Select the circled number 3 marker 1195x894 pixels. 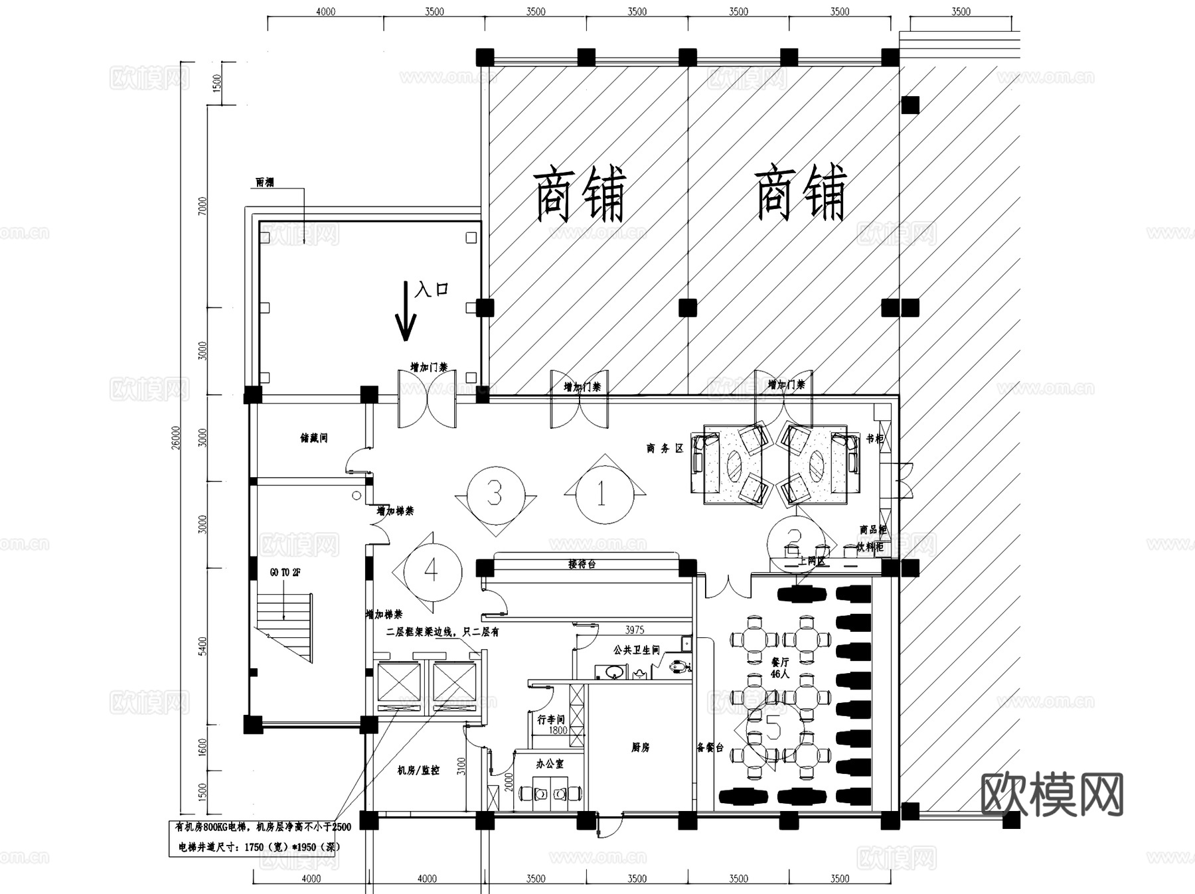pyautogui.click(x=495, y=494)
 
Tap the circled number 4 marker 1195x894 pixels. pyautogui.click(x=431, y=569)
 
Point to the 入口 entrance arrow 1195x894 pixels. pyautogui.click(x=406, y=310)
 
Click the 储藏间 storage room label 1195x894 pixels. pyautogui.click(x=314, y=438)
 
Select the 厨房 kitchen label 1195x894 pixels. pyautogui.click(x=640, y=747)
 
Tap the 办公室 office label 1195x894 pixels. pyautogui.click(x=550, y=764)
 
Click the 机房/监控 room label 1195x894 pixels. pyautogui.click(x=418, y=770)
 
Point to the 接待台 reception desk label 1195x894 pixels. pyautogui.click(x=582, y=564)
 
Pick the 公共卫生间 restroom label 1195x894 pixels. pyautogui.click(x=636, y=650)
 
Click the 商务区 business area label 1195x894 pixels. pyautogui.click(x=665, y=449)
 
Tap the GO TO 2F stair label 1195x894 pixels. pyautogui.click(x=285, y=572)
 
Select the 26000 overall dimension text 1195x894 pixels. pyautogui.click(x=175, y=439)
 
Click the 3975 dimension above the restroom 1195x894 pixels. pyautogui.click(x=635, y=629)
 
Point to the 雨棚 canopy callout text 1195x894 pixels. pyautogui.click(x=265, y=182)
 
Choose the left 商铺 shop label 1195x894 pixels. pyautogui.click(x=580, y=194)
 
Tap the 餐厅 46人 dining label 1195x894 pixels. pyautogui.click(x=780, y=668)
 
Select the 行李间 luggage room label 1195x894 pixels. pyautogui.click(x=551, y=719)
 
